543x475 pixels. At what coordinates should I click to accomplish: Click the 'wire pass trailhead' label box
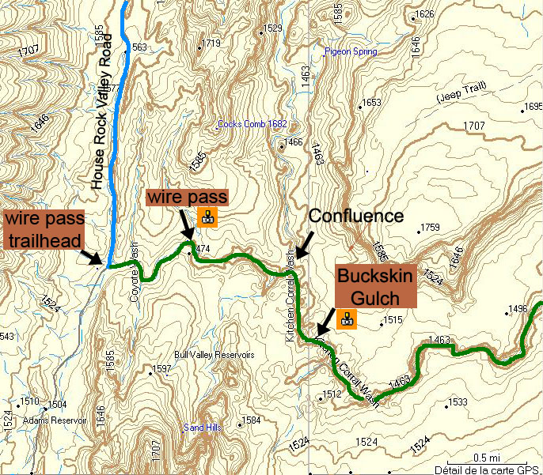[x=45, y=228]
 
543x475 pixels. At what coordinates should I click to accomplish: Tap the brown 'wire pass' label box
[x=188, y=197]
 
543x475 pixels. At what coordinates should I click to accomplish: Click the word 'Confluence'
[x=355, y=216]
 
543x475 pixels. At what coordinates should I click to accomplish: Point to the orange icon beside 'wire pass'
[x=208, y=217]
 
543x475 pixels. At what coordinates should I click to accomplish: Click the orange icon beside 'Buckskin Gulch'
[x=346, y=319]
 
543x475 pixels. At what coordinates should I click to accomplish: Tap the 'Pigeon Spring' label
[x=351, y=52]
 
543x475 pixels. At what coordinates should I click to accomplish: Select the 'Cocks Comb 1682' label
[x=252, y=124]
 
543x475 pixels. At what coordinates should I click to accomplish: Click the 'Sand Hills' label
[x=203, y=428]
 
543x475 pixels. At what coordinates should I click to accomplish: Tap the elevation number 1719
[x=211, y=43]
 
